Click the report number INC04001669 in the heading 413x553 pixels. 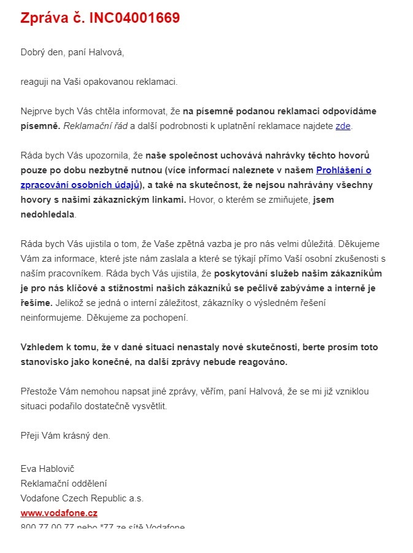point(134,18)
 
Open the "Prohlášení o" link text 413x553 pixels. point(343,170)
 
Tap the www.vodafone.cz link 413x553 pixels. point(59,512)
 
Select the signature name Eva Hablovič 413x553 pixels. point(47,469)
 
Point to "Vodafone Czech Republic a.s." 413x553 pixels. point(82,498)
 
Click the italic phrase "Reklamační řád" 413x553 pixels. point(93,126)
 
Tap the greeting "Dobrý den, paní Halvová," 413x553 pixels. point(72,52)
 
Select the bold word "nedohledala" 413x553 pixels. point(48,214)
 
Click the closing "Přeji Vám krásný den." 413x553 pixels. point(65,436)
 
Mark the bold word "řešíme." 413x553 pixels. point(36,303)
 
